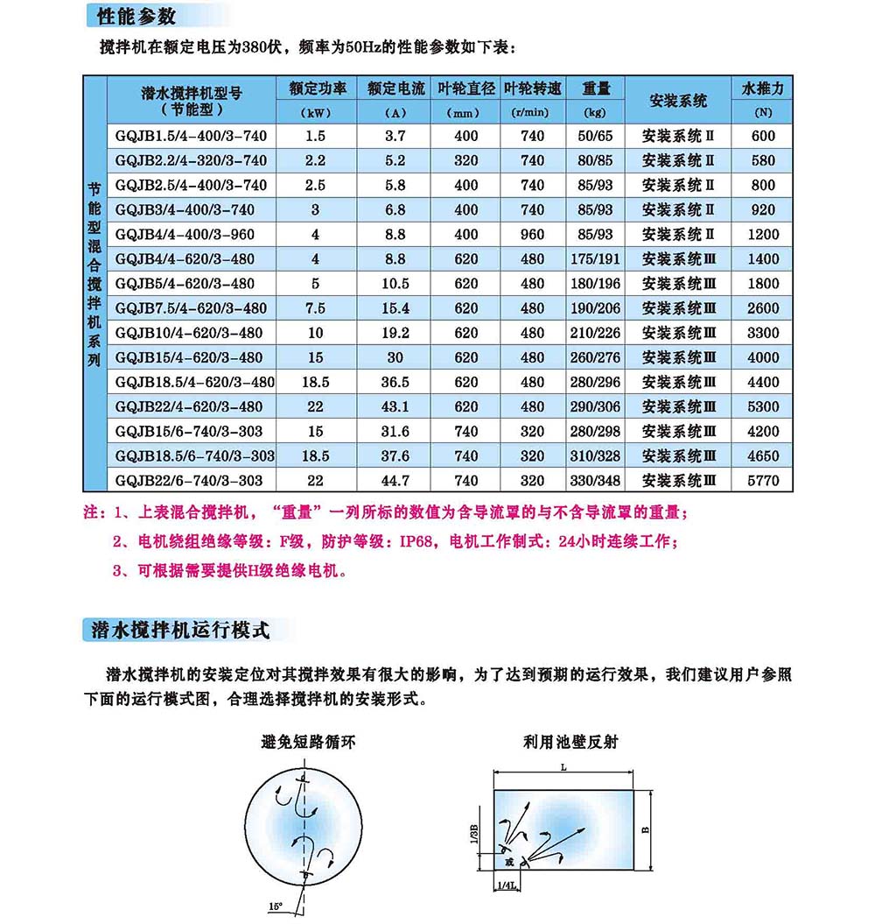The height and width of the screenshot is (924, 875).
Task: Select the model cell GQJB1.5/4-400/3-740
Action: pos(191,136)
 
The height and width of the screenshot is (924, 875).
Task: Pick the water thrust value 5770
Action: pos(763,481)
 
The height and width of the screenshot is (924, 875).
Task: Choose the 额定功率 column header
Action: pos(317,88)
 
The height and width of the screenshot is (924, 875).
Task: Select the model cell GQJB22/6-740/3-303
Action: pos(191,481)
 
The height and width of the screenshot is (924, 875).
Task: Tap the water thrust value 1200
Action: pos(763,235)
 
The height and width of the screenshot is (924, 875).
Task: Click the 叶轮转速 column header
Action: pos(533,88)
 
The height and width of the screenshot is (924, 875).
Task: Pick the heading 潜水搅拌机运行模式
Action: pos(176,630)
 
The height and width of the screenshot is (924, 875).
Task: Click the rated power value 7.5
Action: pos(316,308)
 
